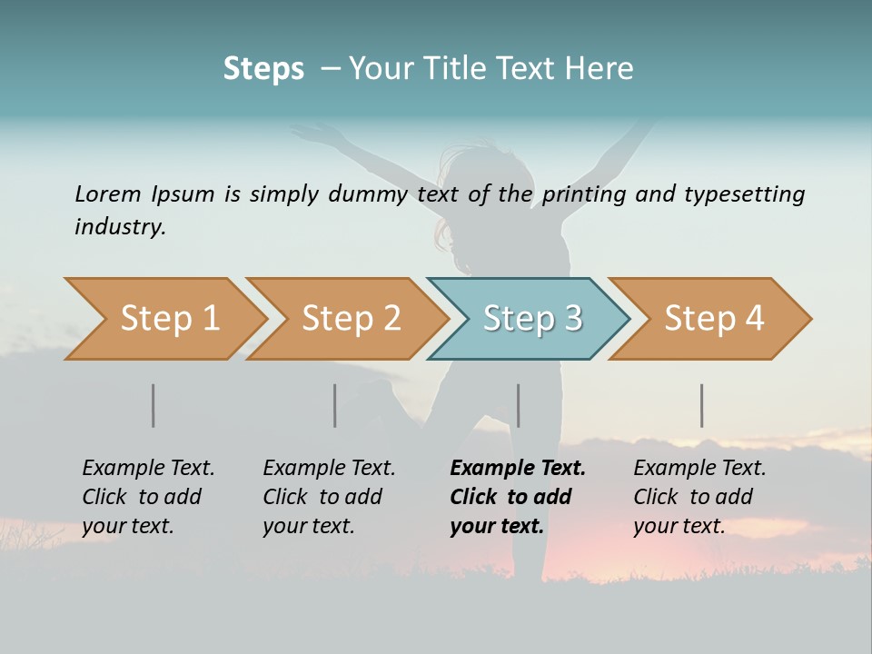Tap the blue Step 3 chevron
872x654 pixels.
[x=530, y=319]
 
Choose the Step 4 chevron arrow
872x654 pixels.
[x=712, y=319]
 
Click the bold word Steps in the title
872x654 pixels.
[x=263, y=69]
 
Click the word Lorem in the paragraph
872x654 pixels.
[x=107, y=193]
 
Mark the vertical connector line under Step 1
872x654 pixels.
[x=154, y=405]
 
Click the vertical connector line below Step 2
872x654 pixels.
[x=335, y=405]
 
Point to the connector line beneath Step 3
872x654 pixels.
[x=519, y=405]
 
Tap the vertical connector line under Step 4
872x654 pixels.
[x=701, y=405]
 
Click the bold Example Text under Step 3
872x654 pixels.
[x=518, y=469]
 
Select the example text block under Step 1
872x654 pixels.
[x=147, y=497]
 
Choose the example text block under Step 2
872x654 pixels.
[x=328, y=497]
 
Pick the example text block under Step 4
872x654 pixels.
[x=699, y=497]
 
